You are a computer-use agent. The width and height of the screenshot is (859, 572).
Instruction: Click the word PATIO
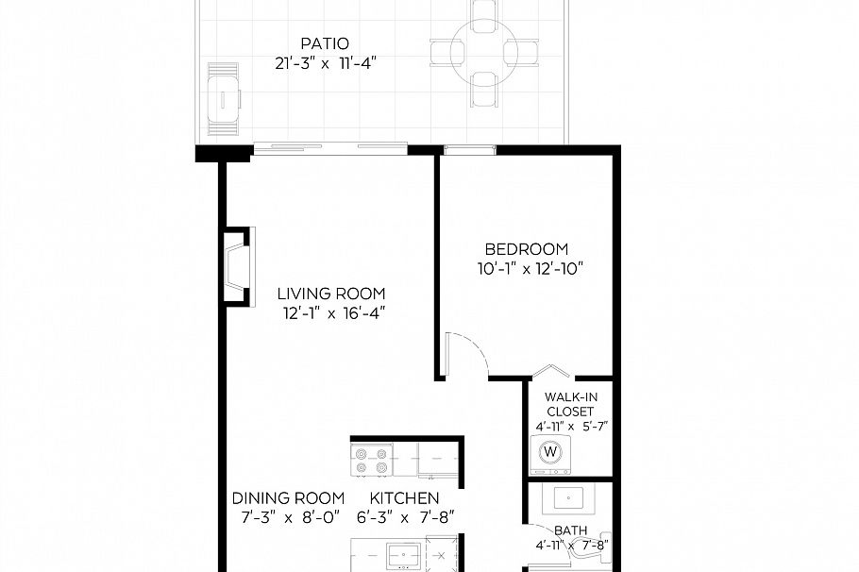[324, 43]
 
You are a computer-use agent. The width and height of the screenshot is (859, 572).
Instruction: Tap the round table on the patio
[483, 49]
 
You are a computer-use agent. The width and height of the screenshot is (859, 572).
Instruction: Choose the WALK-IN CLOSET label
[570, 403]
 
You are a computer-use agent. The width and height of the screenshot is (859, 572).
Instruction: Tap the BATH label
[571, 530]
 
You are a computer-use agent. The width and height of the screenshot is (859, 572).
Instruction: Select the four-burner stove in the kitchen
[372, 460]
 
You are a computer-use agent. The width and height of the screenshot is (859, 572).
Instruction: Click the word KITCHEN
[403, 498]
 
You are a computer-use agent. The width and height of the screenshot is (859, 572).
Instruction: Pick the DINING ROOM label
[288, 498]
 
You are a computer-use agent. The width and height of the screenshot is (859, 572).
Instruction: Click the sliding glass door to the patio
[330, 146]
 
